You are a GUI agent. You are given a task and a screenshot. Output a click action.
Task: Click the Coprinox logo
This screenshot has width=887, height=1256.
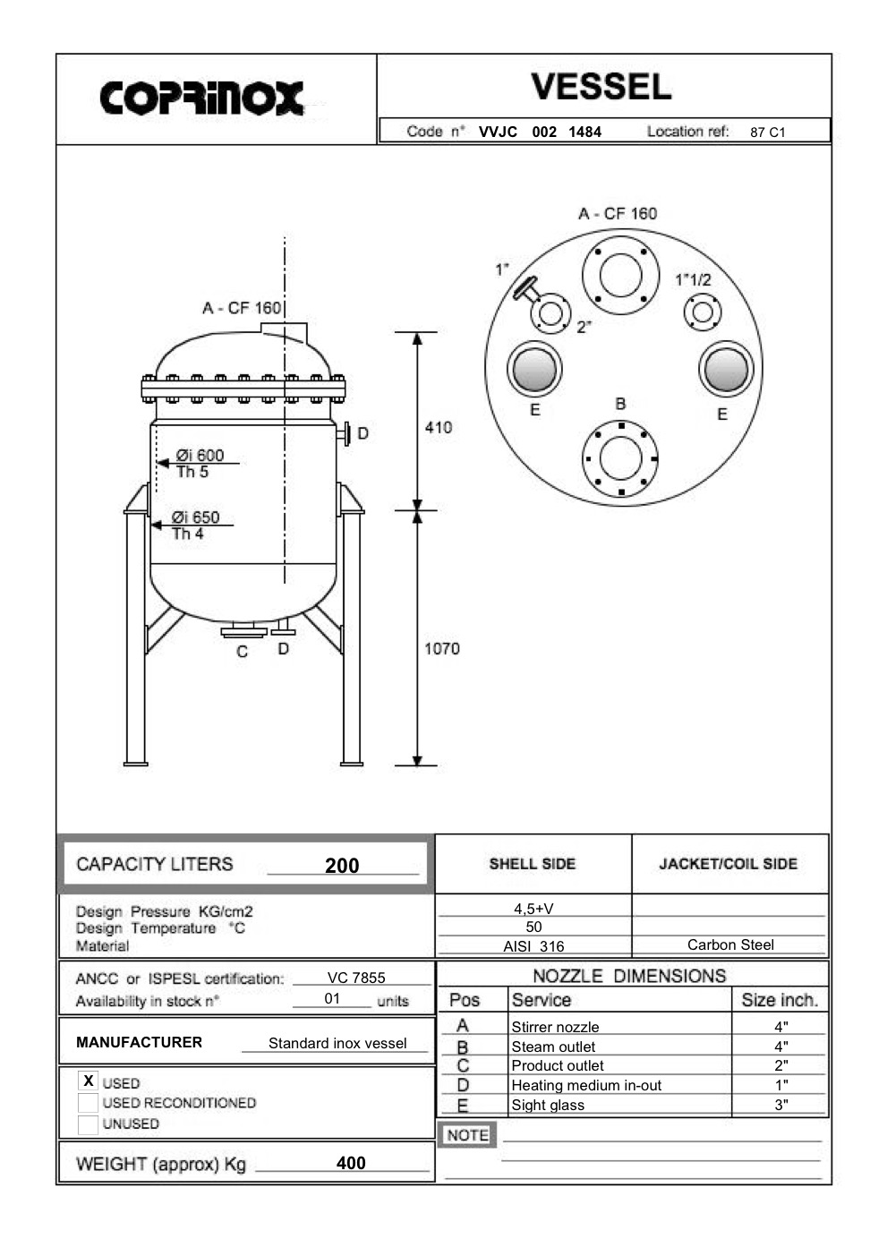[x=201, y=98]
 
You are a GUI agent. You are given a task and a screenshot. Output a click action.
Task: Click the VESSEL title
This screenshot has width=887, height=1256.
[x=601, y=87]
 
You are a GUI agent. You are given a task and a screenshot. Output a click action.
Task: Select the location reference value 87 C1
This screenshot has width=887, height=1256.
[x=767, y=132]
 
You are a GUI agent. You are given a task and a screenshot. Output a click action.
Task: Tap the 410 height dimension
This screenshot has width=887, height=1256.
[x=438, y=428]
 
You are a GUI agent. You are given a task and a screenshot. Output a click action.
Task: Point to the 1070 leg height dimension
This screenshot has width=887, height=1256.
[x=441, y=648]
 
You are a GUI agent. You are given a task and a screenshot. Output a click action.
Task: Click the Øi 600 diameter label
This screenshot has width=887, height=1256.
[x=200, y=456]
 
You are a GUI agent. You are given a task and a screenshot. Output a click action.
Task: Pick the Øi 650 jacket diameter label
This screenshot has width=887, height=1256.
[x=195, y=517]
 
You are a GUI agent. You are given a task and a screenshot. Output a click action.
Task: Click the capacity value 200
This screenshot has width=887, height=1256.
[x=342, y=866]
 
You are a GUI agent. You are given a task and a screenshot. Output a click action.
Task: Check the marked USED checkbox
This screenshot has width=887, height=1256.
[x=88, y=1081]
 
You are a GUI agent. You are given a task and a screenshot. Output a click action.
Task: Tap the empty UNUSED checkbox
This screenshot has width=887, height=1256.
[x=88, y=1124]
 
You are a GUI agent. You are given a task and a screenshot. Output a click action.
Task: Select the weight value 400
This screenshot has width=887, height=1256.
[x=351, y=1163]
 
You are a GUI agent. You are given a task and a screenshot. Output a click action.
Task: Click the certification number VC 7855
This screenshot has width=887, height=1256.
[x=356, y=978]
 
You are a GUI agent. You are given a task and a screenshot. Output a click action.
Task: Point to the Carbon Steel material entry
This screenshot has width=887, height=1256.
[x=730, y=945]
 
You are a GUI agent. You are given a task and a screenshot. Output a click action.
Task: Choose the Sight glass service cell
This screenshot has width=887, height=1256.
[x=548, y=1106]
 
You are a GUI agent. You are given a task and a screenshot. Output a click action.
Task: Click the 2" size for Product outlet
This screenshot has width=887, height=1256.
[x=781, y=1066]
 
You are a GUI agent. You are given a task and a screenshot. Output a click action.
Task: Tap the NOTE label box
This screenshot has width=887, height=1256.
[x=467, y=1135]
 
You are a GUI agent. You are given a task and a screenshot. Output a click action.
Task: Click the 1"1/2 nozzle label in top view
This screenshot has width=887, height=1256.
[x=693, y=280]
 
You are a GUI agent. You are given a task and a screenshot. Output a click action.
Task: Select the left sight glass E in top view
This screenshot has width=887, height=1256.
[x=534, y=368]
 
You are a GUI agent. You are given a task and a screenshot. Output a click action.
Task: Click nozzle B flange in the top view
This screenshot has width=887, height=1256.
[x=620, y=458]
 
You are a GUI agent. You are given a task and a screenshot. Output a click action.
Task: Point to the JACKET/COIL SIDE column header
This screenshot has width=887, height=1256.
[x=728, y=864]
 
